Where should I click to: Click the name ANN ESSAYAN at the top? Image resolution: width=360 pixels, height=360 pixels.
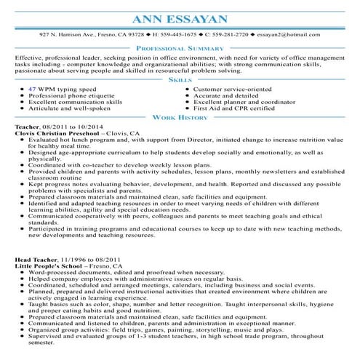point(180,17)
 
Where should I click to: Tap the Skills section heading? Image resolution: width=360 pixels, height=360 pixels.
point(180,81)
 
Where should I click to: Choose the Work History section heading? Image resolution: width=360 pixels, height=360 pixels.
point(180,117)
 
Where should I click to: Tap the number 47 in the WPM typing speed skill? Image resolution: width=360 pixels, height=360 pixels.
point(33,89)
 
